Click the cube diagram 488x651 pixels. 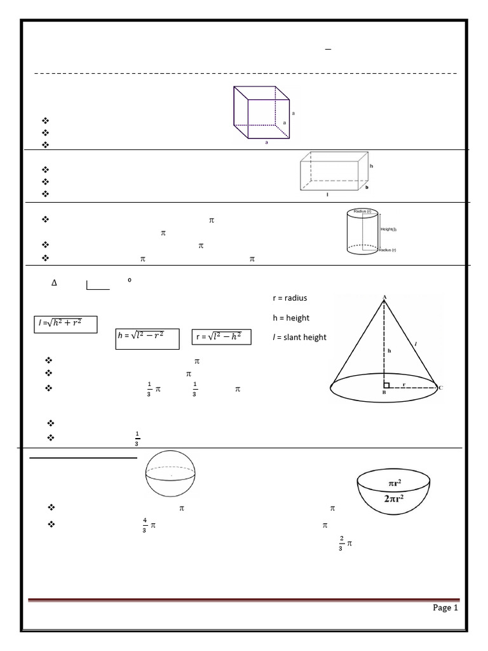(x=262, y=114)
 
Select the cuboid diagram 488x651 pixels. (x=334, y=172)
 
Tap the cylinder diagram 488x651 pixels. (x=363, y=231)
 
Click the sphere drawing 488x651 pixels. (x=171, y=473)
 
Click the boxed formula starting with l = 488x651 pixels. (x=65, y=325)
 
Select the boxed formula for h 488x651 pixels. (x=148, y=338)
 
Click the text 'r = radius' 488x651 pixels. (x=289, y=298)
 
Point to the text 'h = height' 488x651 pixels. (x=290, y=318)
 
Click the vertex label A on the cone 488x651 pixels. (x=384, y=297)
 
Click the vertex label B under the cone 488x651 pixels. (x=384, y=393)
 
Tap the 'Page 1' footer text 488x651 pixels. (x=445, y=608)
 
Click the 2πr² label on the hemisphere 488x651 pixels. (x=393, y=499)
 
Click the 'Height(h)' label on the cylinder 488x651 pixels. (x=388, y=229)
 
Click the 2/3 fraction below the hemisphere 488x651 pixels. (x=341, y=544)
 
